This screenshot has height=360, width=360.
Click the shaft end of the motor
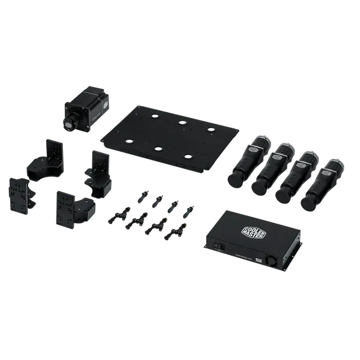point(70,123)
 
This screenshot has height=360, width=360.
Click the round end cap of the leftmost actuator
point(237,179)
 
